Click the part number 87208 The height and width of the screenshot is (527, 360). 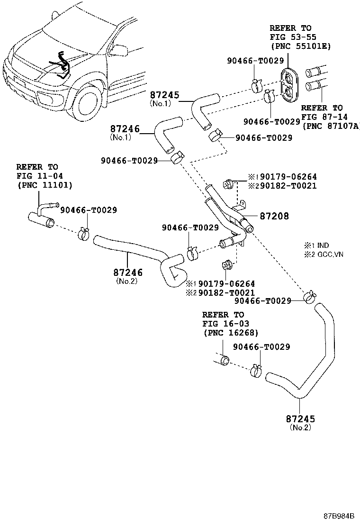[274, 216]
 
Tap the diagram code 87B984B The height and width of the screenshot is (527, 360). [339, 516]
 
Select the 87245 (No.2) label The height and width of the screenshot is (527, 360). [301, 423]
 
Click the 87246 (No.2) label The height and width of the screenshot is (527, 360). [127, 276]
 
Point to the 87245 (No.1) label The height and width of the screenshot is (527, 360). [164, 99]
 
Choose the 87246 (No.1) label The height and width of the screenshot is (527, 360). [125, 132]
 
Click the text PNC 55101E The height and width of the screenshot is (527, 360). [301, 46]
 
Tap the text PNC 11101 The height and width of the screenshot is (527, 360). [45, 185]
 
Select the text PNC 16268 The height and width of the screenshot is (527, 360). [231, 333]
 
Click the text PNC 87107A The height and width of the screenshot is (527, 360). [331, 127]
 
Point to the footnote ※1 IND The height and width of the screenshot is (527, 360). [317, 245]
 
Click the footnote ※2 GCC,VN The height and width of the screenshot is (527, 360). [324, 254]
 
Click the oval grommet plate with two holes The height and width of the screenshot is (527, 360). [289, 85]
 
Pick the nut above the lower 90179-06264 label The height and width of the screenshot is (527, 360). [227, 265]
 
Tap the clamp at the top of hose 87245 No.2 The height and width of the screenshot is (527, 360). [309, 297]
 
